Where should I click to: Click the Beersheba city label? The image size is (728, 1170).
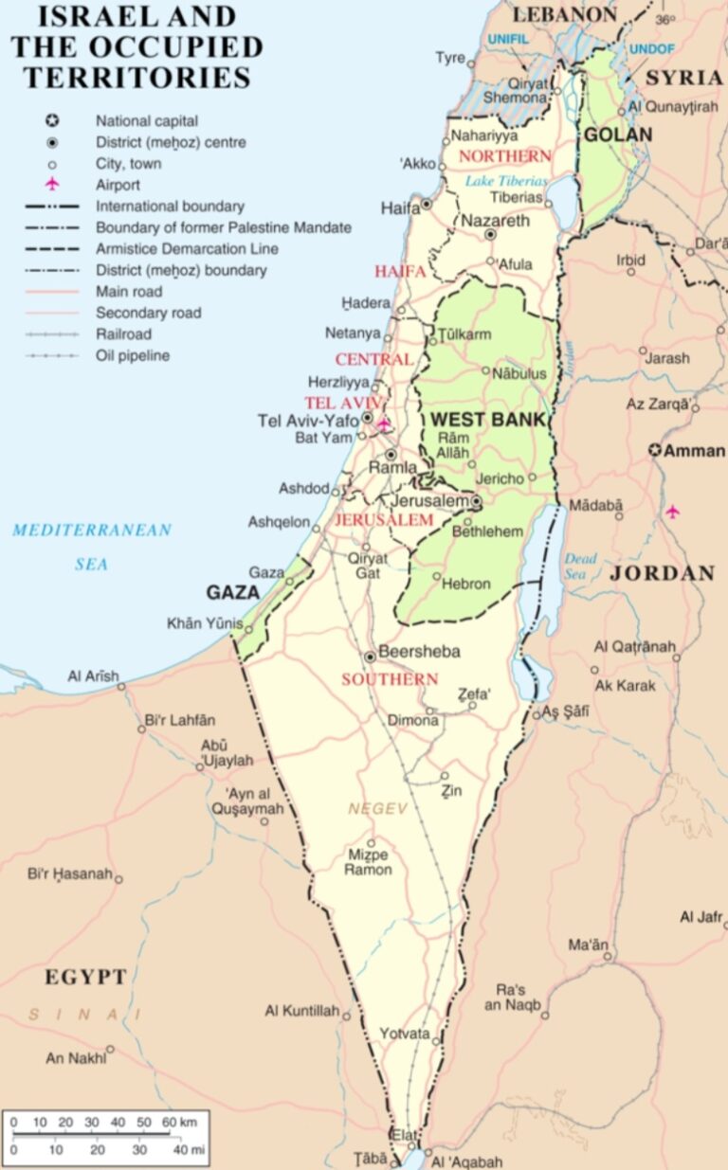point(418,652)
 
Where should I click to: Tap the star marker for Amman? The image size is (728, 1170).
point(655,450)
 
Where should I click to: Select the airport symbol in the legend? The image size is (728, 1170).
point(52,185)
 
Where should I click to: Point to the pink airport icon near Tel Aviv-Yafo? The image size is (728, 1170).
point(384,423)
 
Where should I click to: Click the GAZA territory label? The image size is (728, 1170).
point(233,592)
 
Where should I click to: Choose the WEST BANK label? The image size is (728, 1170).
point(487,419)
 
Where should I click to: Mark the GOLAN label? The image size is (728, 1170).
point(617,135)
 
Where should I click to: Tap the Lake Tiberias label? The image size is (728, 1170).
point(506,180)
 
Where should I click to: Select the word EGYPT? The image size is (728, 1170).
point(85,977)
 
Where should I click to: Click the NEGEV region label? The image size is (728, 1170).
point(377,808)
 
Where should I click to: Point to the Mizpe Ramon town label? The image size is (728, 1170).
point(369,862)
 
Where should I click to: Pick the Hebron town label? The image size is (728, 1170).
point(465,584)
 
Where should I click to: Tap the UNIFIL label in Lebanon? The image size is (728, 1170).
point(510,39)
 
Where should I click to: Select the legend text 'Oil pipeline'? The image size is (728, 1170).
point(133,355)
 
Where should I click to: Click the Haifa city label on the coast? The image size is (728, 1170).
point(400,207)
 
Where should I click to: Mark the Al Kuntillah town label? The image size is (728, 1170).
point(301,1012)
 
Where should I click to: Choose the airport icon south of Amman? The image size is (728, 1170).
point(672,512)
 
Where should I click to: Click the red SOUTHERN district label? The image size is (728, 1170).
point(390,679)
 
